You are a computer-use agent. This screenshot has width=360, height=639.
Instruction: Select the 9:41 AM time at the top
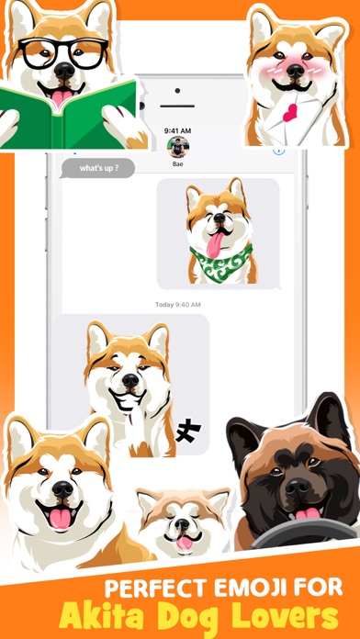[178, 130]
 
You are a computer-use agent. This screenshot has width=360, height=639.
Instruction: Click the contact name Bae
[178, 163]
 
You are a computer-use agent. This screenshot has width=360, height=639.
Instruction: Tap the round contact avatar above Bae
[178, 147]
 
